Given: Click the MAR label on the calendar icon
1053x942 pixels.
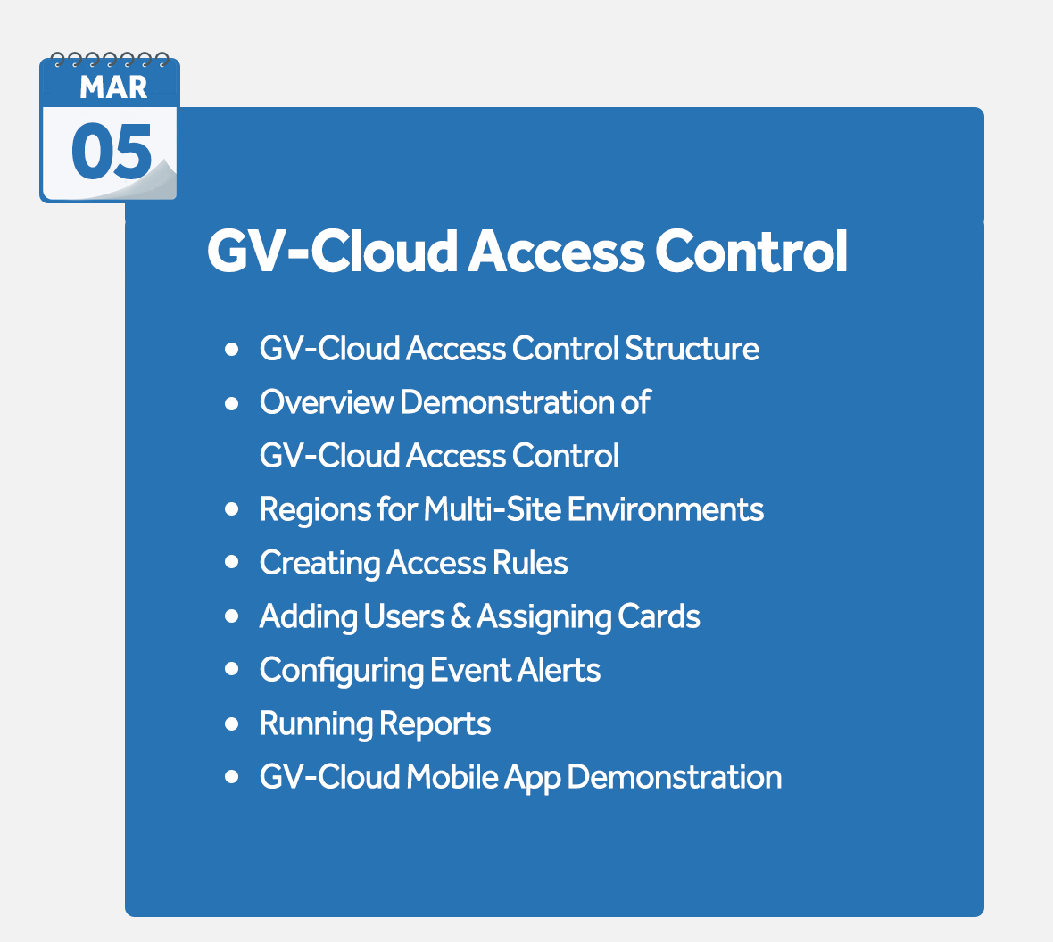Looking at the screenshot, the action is (113, 87).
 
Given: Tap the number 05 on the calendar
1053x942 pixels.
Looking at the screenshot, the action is (112, 152).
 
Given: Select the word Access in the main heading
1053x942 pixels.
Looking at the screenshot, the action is (556, 251).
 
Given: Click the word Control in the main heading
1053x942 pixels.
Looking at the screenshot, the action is (750, 251).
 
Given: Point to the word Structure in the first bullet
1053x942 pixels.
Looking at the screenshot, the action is (692, 349).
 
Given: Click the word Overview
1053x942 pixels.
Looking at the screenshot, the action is (327, 402).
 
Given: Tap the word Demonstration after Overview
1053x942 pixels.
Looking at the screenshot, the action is (506, 402).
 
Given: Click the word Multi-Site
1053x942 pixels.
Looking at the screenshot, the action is (493, 509).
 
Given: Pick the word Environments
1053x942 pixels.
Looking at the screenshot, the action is (666, 509).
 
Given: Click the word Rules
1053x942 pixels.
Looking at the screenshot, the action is (530, 563).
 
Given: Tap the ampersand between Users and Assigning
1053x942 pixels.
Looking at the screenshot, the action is (460, 616).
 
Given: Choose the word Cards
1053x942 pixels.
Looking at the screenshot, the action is (659, 616).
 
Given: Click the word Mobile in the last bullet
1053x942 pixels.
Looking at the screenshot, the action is (452, 777).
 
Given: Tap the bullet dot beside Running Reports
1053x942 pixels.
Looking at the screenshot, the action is (232, 723).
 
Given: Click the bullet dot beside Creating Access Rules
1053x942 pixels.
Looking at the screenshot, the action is (232, 563).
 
